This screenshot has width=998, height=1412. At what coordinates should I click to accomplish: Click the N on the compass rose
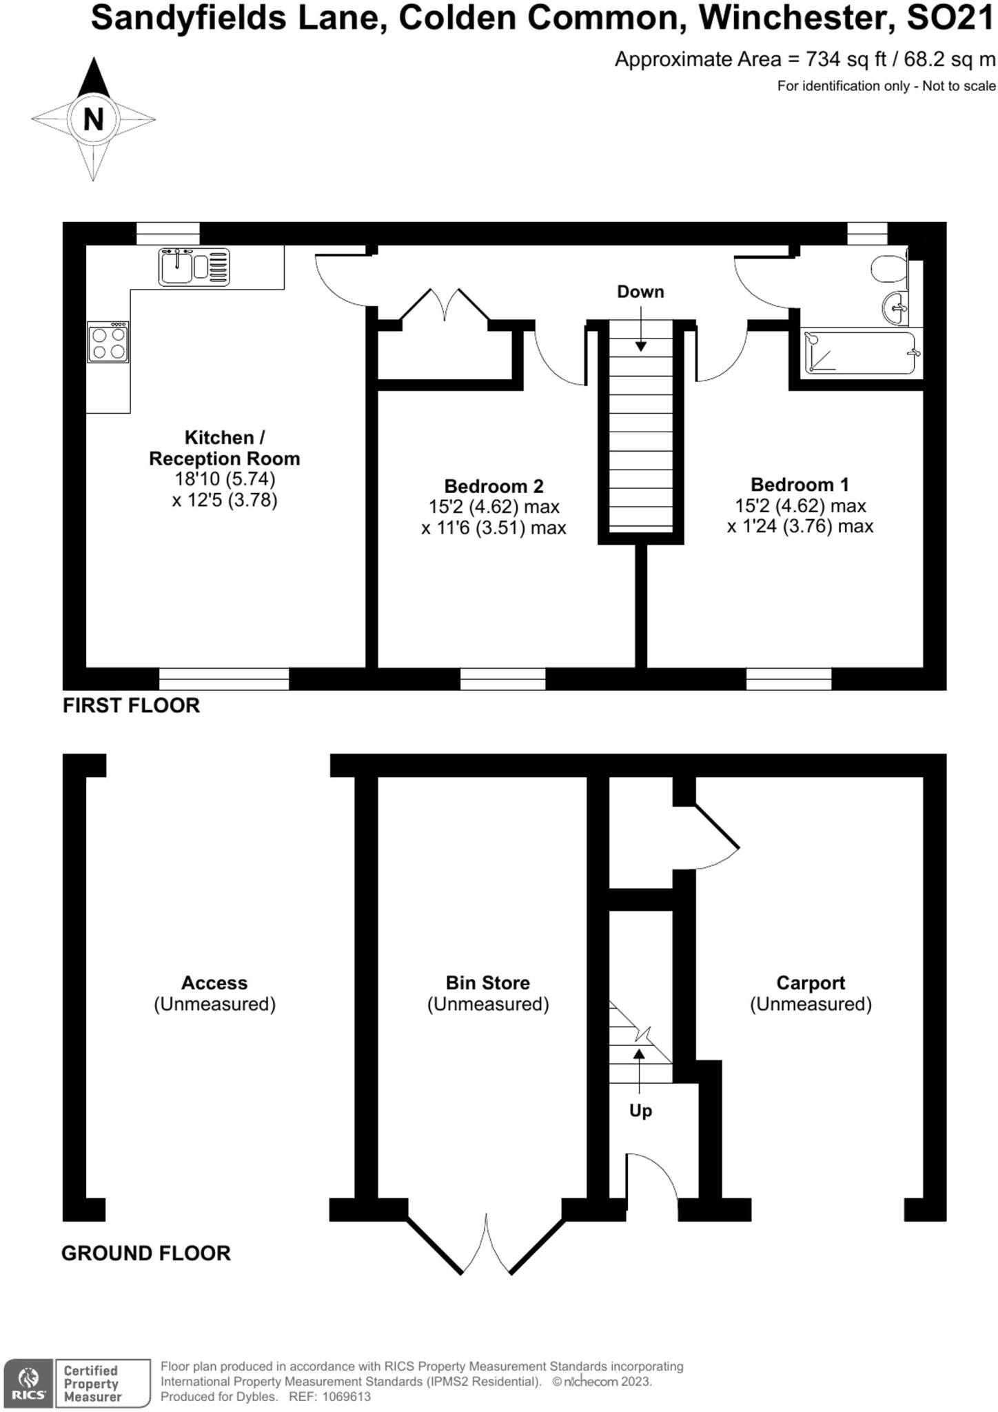point(93,119)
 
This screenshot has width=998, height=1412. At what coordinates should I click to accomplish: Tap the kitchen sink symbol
point(194,267)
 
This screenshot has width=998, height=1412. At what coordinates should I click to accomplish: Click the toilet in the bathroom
point(888,269)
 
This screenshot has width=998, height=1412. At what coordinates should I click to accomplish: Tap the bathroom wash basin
point(896,307)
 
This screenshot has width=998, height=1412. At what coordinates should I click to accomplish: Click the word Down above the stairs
point(640,292)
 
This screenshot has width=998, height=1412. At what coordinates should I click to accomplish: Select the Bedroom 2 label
point(493,486)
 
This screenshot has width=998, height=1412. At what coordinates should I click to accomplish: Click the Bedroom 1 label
point(800,485)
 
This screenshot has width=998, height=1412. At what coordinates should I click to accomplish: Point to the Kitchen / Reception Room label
point(224,448)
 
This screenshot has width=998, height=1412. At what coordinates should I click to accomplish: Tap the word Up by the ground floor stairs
point(640,1111)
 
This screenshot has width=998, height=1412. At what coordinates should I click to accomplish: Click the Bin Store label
point(487,982)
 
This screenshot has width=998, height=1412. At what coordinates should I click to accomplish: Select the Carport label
point(811,982)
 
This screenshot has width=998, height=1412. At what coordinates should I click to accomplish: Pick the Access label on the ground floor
point(214,982)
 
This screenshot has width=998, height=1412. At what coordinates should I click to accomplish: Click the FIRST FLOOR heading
point(131,705)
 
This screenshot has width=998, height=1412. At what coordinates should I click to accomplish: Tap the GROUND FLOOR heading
point(146,1253)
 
